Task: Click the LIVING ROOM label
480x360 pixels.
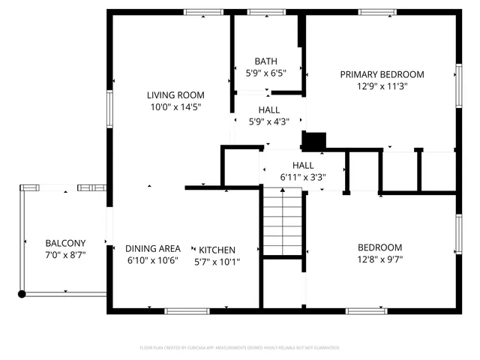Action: coord(175,95)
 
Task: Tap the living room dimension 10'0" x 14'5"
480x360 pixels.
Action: coord(175,107)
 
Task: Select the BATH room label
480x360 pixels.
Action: coord(265,61)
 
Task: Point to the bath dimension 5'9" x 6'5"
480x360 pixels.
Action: coord(265,73)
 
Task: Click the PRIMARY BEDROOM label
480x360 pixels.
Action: coord(382,74)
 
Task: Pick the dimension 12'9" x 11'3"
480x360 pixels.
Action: coord(382,86)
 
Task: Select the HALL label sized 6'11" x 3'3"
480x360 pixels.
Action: coord(303,165)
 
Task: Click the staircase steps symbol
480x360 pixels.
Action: coord(281,222)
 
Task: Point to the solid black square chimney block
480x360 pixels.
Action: coord(314,140)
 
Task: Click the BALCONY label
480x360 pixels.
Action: coord(65,243)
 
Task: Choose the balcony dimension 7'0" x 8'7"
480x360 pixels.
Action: coord(65,255)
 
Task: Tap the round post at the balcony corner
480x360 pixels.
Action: coord(22,294)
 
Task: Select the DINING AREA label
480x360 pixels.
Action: coord(152,249)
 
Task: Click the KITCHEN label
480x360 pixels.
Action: coord(217,250)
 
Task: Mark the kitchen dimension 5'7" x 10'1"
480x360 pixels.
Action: coord(217,262)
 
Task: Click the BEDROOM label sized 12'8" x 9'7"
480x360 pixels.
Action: coord(379,247)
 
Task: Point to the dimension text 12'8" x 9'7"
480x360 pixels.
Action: coord(379,259)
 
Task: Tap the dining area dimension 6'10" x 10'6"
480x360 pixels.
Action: coord(152,261)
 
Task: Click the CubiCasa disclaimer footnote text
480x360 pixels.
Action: coord(240,347)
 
